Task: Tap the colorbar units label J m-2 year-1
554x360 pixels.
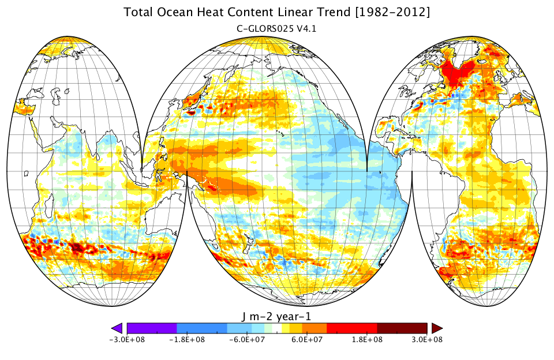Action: coord(276,316)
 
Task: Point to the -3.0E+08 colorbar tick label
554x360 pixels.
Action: coord(127,340)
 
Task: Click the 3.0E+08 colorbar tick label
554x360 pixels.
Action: coord(427,340)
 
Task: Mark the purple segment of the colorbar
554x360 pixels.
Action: coord(152,328)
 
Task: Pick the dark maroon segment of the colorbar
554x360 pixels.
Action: coord(402,328)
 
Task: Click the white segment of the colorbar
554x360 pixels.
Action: coord(277,328)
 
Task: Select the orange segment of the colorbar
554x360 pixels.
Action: coord(315,328)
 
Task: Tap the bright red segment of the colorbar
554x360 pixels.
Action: coord(351,328)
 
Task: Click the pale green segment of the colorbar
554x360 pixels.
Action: coord(268,328)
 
